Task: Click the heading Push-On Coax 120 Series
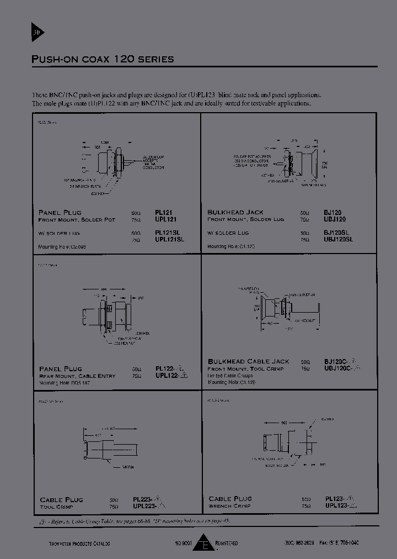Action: [103, 59]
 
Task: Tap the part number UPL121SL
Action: [170, 239]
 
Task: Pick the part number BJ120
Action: [332, 212]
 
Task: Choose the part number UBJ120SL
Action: [339, 239]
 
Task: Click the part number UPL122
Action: [168, 375]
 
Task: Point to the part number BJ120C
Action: [336, 361]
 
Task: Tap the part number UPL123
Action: [337, 505]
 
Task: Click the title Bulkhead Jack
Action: [235, 212]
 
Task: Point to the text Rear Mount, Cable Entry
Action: [77, 376]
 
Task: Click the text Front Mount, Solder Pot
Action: [77, 219]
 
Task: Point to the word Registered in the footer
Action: [226, 544]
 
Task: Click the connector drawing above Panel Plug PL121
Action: [108, 163]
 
